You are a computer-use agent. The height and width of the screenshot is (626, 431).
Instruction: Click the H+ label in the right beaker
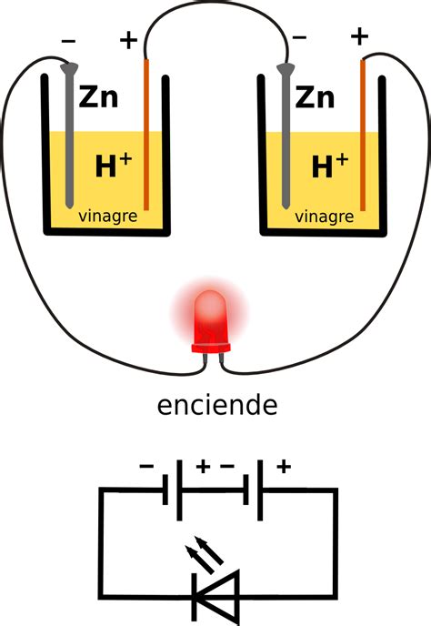329,165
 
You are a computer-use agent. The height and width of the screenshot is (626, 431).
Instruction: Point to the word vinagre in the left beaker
108,217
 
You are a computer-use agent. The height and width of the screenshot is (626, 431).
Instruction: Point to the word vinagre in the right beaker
326,217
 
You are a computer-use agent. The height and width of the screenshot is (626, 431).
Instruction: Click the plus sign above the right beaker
360,36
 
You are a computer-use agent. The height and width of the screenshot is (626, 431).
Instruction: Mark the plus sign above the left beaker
128,39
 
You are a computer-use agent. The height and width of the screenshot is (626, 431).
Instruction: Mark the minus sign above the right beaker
299,39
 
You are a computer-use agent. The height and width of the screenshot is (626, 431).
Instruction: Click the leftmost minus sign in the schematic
146,467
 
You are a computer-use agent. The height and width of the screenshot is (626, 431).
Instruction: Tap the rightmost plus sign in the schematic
284,467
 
